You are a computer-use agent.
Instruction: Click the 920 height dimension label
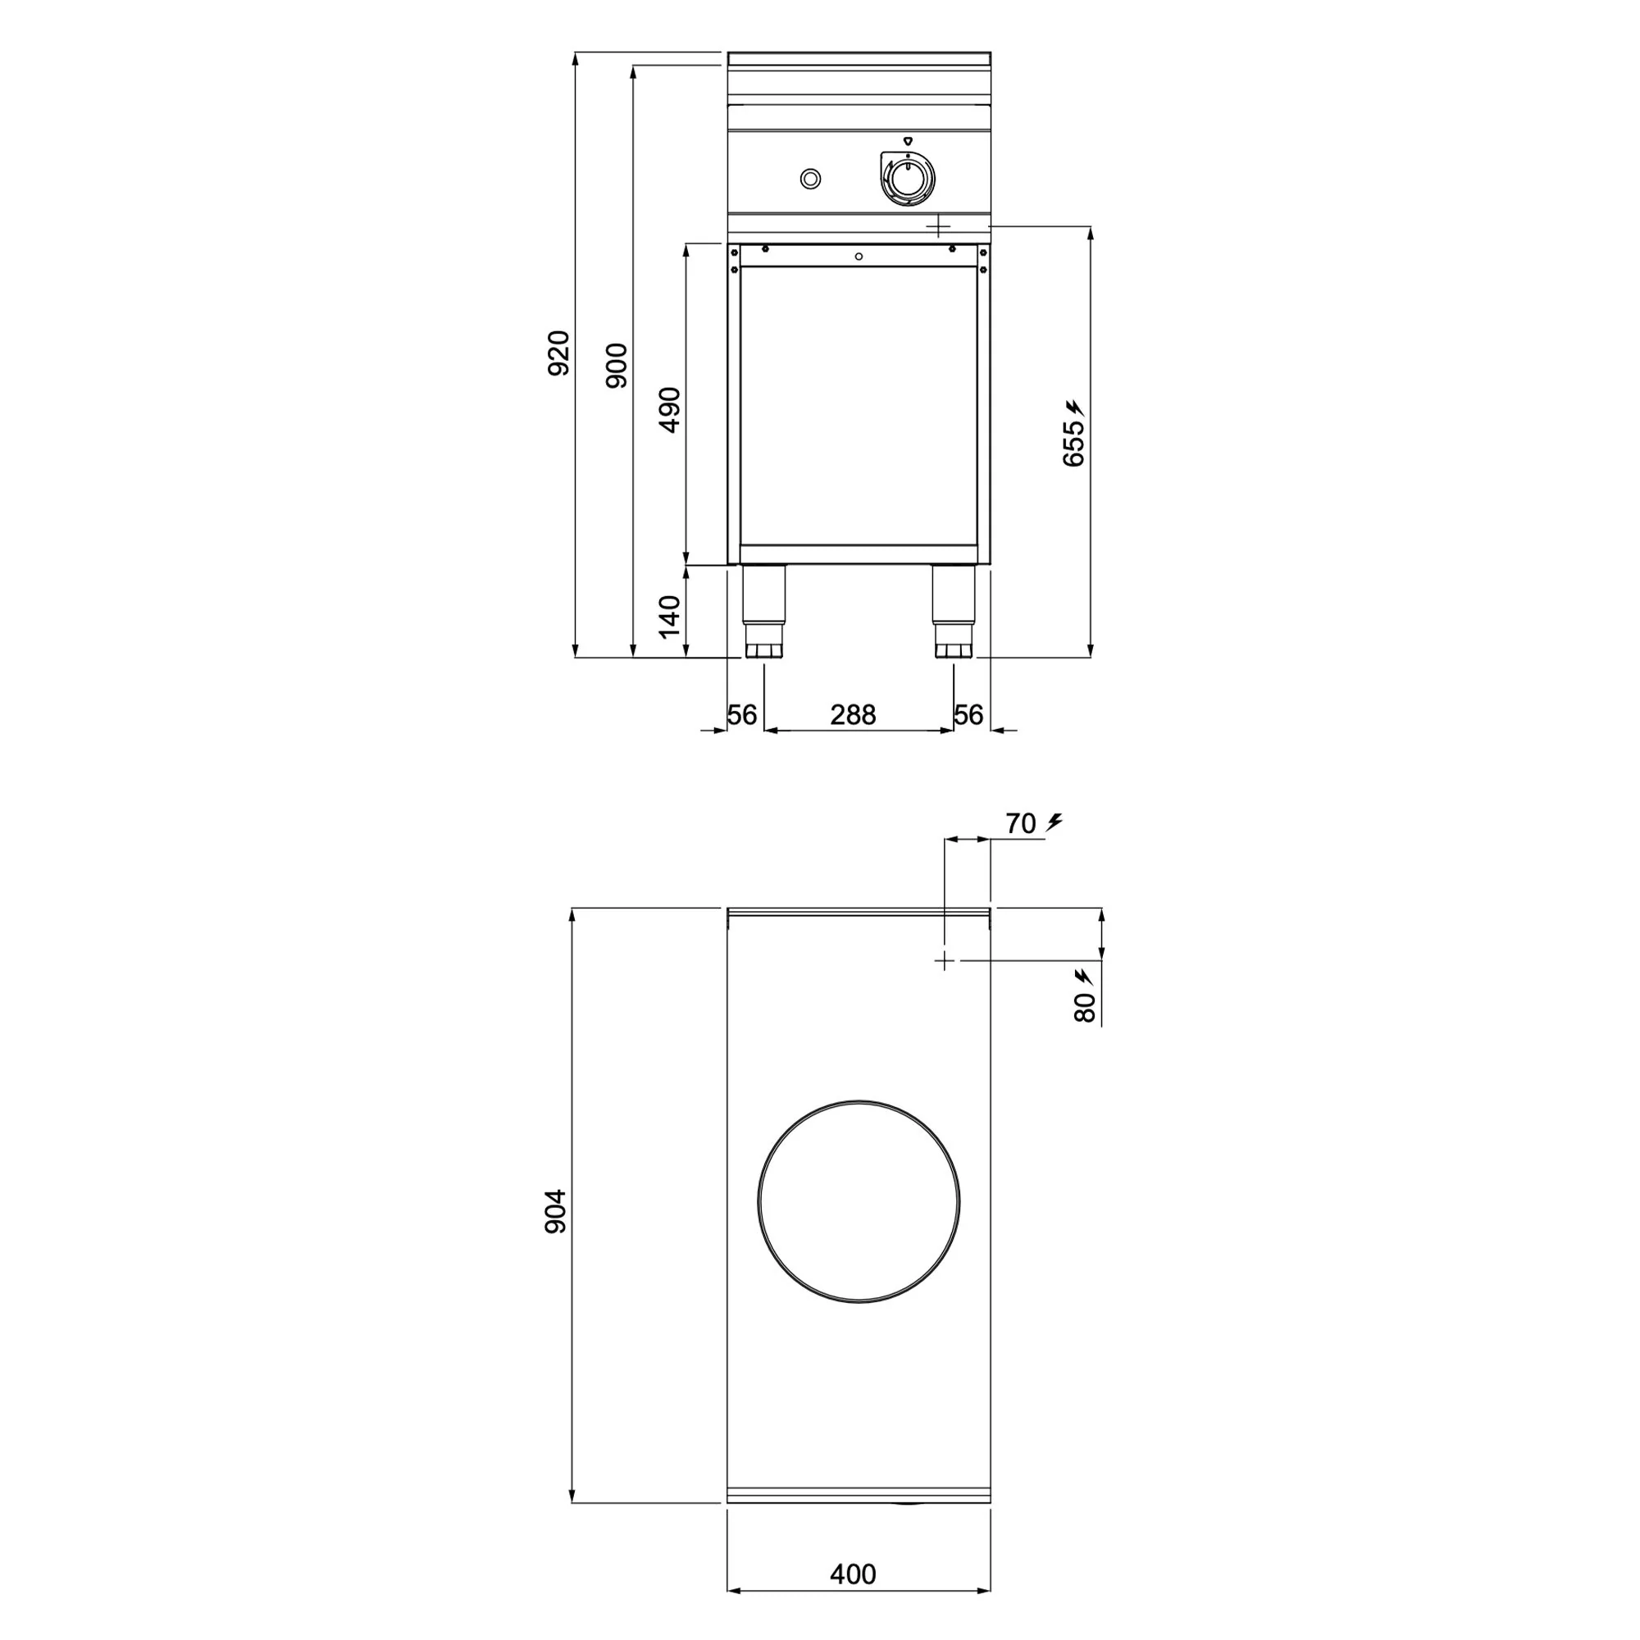558,353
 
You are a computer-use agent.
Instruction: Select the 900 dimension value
617,366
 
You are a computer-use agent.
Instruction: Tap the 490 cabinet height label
670,410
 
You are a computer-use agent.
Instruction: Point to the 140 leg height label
670,617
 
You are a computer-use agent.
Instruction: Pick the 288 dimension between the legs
853,715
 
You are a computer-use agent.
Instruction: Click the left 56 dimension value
742,715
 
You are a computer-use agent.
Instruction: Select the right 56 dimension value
968,715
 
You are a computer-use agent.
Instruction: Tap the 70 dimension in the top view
1020,823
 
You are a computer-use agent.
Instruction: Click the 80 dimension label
1086,1008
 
